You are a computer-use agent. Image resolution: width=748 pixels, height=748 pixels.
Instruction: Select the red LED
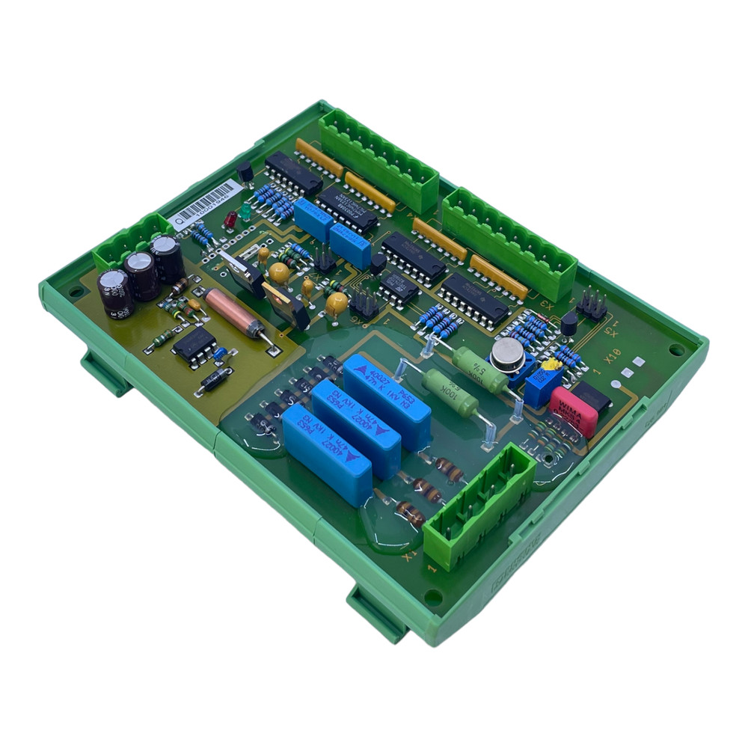tap(230, 220)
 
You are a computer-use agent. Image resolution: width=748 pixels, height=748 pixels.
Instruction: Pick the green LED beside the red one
tap(245, 211)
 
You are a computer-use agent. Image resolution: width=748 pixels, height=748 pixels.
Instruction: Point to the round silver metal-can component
tap(507, 354)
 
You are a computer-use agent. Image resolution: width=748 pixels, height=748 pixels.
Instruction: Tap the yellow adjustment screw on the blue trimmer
tap(551, 366)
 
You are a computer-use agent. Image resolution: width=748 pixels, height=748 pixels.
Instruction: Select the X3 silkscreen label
tap(548, 306)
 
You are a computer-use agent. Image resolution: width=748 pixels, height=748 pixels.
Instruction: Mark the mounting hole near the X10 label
tap(675, 349)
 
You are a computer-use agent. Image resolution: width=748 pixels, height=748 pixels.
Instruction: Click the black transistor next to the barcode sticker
tap(245, 172)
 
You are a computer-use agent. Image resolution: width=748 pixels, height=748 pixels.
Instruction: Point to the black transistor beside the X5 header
tap(569, 323)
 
